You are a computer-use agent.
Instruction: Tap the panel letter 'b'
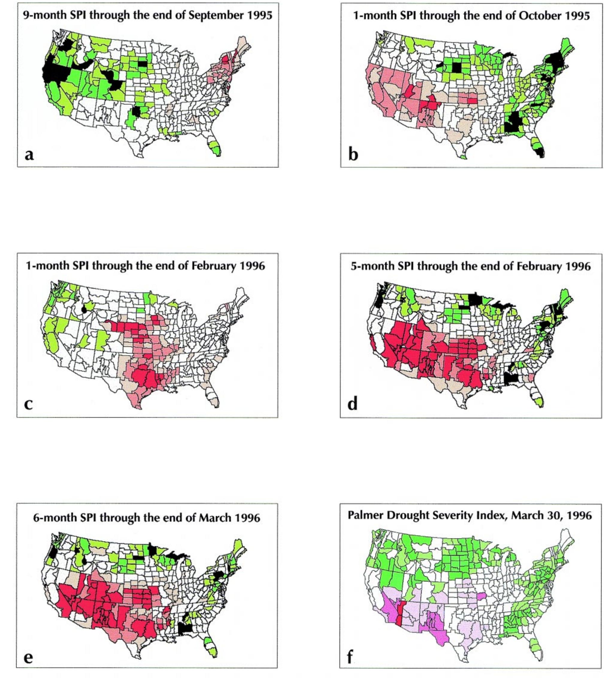coord(353,154)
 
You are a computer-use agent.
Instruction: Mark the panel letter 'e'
coord(28,657)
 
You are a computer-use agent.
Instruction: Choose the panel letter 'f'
coord(350,656)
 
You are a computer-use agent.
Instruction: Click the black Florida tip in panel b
coord(540,153)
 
